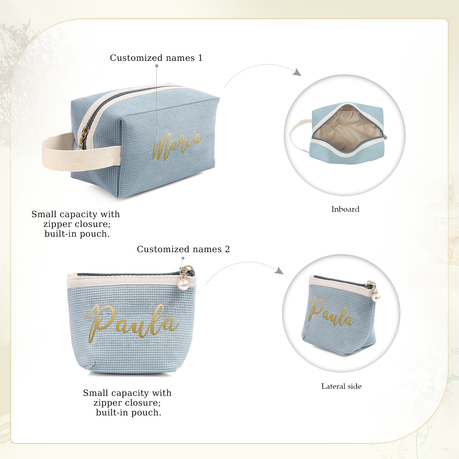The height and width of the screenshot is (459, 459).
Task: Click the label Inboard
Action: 345,209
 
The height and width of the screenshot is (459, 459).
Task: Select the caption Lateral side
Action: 341,386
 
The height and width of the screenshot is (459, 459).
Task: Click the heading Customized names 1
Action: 156,58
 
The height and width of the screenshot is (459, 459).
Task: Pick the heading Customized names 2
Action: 183,249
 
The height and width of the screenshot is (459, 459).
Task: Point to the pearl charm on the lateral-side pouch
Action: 376,297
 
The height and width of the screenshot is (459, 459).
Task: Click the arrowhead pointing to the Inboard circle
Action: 297,72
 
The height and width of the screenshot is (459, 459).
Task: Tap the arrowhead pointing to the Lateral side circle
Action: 279,271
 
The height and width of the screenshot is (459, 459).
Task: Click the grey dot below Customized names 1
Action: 157,66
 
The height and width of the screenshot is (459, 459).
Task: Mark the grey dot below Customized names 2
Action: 183,258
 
